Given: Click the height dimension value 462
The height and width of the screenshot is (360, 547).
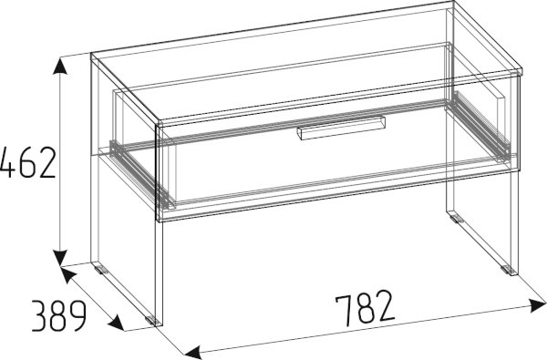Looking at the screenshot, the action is (27, 163).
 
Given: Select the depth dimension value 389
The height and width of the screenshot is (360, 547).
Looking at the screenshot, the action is (58, 316).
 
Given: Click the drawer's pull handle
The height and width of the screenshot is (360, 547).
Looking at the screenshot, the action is (341, 128).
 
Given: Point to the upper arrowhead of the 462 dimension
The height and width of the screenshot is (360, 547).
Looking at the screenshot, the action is (60, 67).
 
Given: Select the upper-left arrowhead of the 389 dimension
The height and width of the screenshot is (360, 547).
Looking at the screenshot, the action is (68, 274).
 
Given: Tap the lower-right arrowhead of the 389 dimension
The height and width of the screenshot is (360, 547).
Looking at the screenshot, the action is (116, 323).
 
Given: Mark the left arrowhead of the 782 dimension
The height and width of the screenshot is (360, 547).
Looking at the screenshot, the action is (193, 353).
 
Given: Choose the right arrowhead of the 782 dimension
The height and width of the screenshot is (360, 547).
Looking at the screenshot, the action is (537, 306).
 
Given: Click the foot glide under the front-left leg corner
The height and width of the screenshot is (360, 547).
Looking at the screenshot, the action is (151, 320).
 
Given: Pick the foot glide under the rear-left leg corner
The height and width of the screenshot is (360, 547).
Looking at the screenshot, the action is (101, 270).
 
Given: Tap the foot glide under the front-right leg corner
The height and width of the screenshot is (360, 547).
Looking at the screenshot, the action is (507, 269).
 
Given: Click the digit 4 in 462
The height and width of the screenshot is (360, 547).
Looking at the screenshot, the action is (7, 163).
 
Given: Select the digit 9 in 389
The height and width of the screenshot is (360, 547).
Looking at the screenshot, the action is (77, 316).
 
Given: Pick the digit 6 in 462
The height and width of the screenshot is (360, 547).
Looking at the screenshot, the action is (27, 163).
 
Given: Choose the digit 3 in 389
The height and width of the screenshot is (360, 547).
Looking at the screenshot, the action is (39, 316).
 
